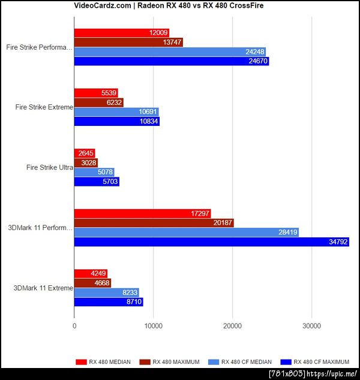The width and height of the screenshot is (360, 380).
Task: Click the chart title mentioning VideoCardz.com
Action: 179,6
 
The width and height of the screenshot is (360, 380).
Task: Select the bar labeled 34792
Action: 211,242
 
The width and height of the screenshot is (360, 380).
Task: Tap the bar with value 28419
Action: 186,232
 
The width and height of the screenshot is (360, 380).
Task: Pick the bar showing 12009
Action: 121,32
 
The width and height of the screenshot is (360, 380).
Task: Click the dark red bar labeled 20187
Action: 154,222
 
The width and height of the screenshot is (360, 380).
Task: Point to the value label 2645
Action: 85,153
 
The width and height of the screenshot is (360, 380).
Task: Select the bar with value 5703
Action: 97,182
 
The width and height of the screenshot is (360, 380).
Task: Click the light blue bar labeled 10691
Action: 116,111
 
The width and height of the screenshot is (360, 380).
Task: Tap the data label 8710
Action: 133,303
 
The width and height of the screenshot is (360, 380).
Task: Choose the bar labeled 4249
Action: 91,273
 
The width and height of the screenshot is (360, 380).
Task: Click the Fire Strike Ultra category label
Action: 49,168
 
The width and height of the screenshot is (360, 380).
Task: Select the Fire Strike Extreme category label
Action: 44,107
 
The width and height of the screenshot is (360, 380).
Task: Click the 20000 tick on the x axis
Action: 232,326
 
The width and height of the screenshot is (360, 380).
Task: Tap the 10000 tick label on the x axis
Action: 153,326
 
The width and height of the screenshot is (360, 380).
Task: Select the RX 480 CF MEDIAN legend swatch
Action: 214,361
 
